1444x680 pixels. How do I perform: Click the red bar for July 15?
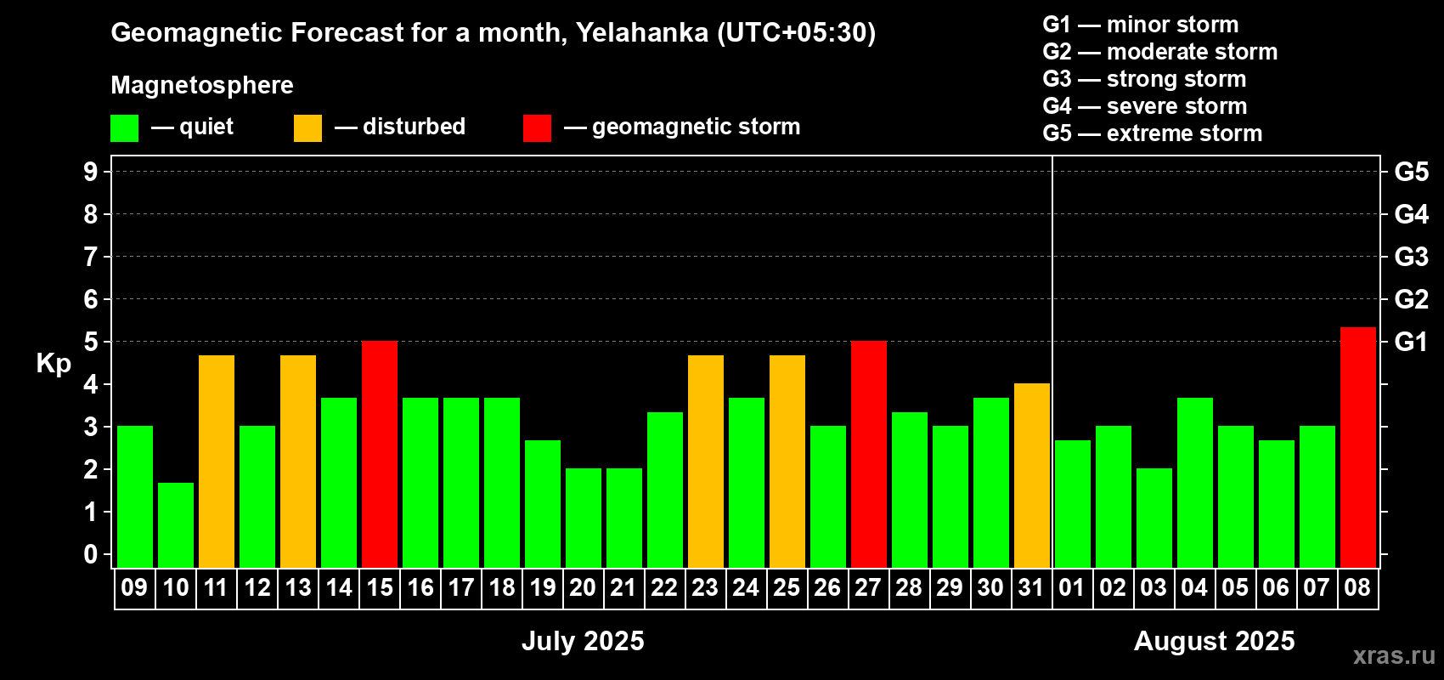point(380,454)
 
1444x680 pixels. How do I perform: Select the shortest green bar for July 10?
point(176,525)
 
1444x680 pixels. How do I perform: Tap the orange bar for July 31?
point(1032,475)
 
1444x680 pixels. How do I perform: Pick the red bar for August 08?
point(1358,447)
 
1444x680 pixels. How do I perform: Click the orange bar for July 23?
point(706,462)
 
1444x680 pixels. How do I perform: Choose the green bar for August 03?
point(1154,518)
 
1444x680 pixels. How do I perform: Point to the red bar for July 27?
point(869,454)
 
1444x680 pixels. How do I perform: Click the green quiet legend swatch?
point(124,127)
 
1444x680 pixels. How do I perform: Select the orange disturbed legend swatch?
point(307,127)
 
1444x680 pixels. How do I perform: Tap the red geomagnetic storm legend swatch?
point(537,127)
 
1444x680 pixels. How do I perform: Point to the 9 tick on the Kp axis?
point(90,172)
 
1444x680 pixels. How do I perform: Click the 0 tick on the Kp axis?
point(90,554)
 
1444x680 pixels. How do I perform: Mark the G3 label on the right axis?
point(1412,257)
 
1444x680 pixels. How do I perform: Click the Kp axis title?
point(54,363)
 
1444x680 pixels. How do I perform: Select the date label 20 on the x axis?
point(583,587)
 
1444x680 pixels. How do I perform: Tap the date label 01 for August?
point(1072,587)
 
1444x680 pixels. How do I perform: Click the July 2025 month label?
point(583,641)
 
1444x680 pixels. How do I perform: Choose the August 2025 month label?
point(1215,641)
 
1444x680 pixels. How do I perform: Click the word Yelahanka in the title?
point(642,32)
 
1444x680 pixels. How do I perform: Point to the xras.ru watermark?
point(1395,655)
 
